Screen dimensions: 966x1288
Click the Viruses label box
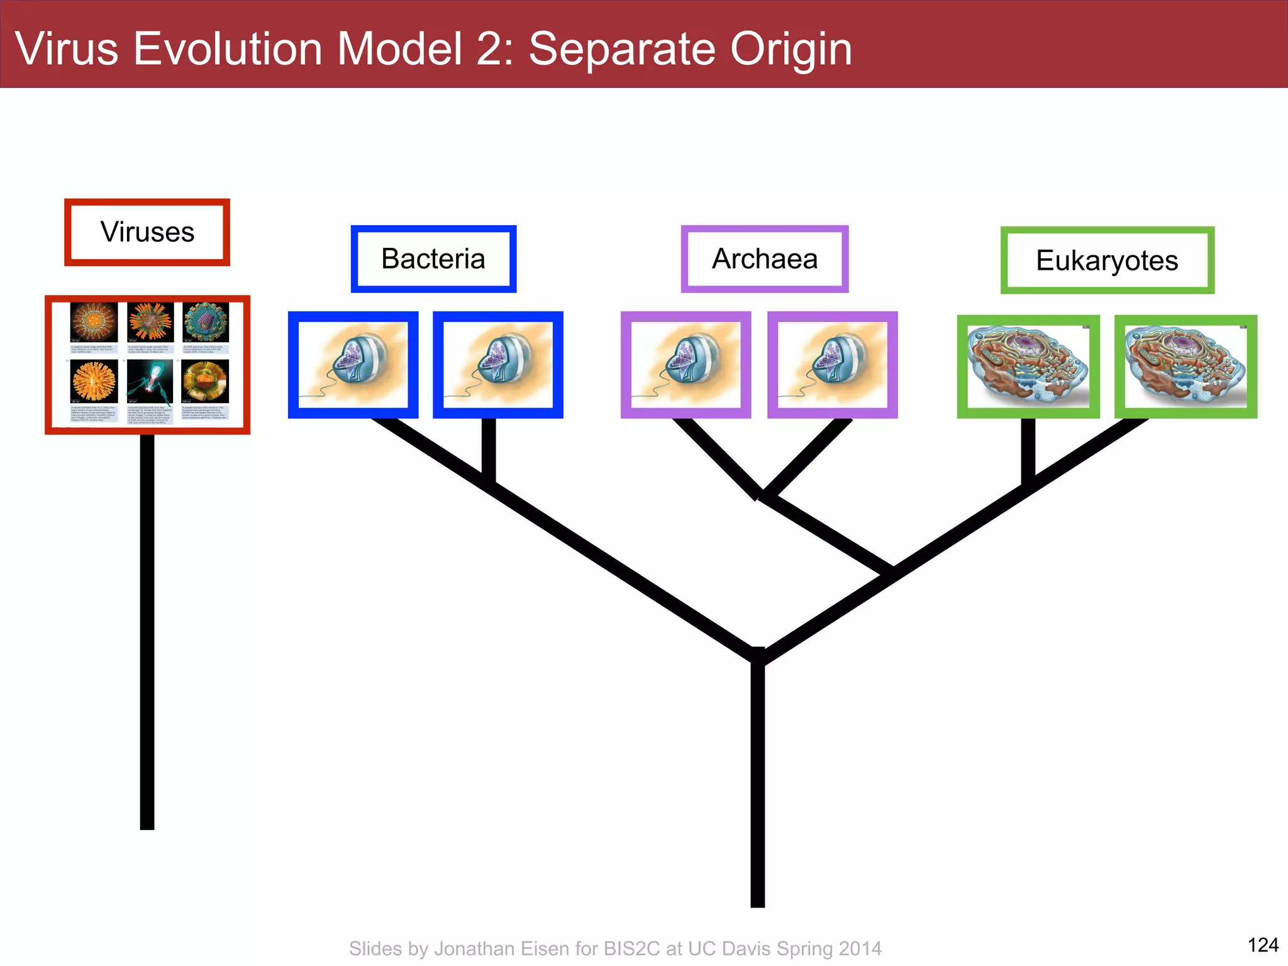(147, 232)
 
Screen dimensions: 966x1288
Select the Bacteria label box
(433, 259)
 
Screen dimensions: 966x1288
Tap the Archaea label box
(765, 259)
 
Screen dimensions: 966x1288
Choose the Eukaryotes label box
(1107, 260)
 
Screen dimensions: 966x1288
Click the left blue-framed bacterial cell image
(353, 365)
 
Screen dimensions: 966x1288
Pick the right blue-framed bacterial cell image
(497, 365)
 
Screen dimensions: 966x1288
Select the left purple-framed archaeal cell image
(686, 365)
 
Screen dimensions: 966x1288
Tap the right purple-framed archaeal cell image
(832, 365)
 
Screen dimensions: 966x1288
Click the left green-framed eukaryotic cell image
(1028, 367)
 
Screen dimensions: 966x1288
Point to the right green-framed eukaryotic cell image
(1185, 367)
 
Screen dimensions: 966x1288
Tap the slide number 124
(1262, 945)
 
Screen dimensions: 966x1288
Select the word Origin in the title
(791, 48)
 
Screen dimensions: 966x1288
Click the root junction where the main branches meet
(758, 655)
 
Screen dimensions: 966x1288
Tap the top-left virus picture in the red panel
(94, 322)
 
